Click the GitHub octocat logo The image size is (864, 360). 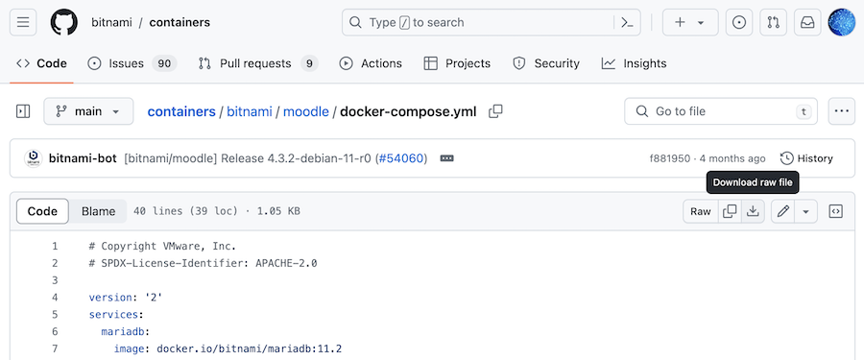(x=64, y=22)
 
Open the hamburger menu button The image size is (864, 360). (x=24, y=22)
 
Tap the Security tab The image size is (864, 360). (x=546, y=63)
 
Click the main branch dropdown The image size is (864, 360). (x=88, y=111)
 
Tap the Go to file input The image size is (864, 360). (x=720, y=111)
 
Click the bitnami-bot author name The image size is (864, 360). (x=84, y=158)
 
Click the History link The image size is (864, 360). (x=806, y=158)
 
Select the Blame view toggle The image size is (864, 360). (x=98, y=211)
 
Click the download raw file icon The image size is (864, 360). (x=754, y=211)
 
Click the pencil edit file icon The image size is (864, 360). (x=783, y=211)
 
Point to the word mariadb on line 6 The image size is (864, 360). (x=125, y=330)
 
